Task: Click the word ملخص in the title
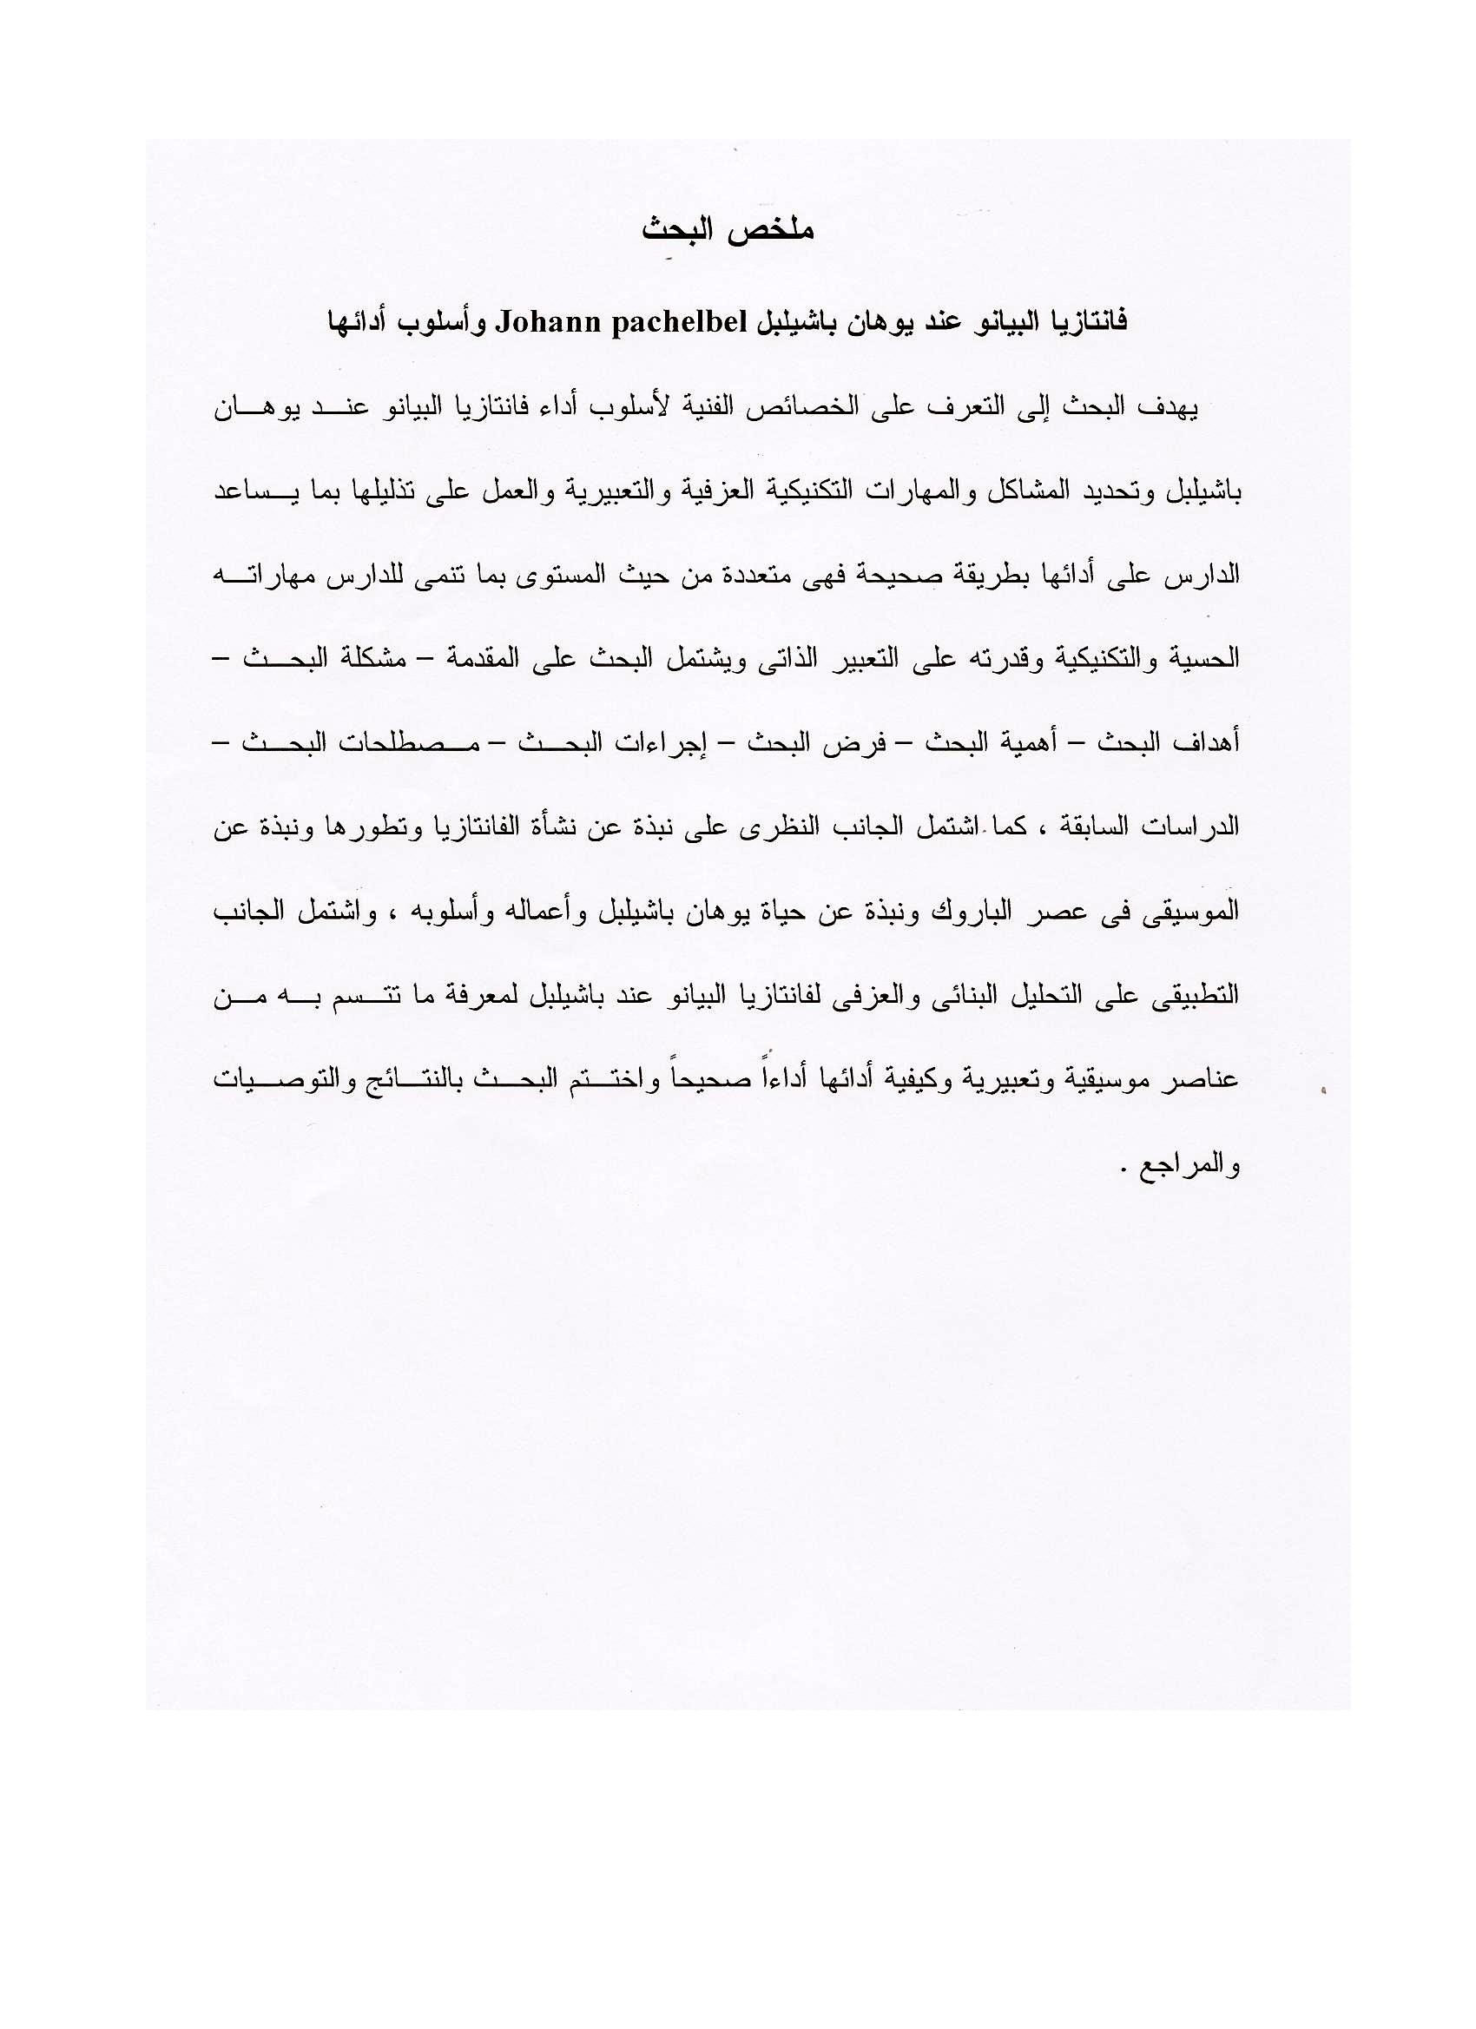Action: [x=779, y=231]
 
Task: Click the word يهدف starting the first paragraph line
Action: [x=1172, y=408]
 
